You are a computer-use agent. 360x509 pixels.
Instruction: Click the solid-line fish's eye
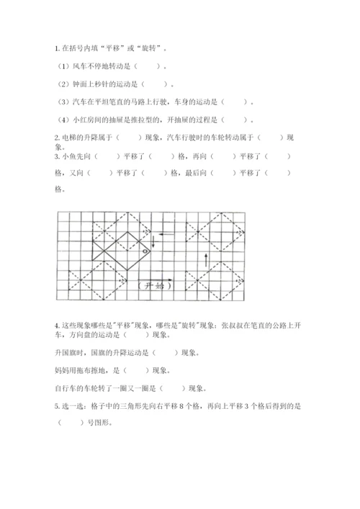click(x=144, y=252)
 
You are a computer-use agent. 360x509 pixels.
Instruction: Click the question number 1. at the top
click(x=57, y=49)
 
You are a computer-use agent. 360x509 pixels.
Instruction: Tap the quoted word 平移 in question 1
click(x=113, y=49)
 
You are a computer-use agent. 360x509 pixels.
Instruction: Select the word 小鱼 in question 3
click(x=70, y=156)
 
